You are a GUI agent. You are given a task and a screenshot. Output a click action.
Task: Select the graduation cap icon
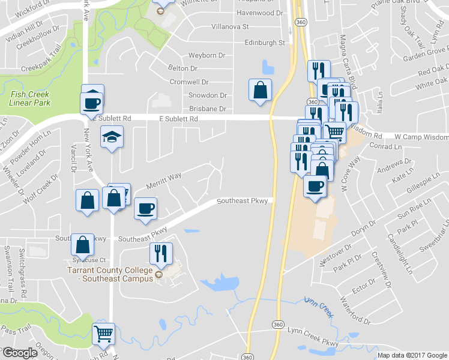(112, 138)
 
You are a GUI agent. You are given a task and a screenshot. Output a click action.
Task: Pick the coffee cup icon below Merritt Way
(145, 209)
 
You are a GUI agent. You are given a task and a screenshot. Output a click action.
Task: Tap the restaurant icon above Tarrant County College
(161, 254)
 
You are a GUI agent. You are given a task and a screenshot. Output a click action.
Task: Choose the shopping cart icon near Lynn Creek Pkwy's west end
(104, 333)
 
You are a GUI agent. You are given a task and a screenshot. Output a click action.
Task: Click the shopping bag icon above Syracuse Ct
(83, 245)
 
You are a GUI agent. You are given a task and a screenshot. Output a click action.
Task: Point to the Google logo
(20, 353)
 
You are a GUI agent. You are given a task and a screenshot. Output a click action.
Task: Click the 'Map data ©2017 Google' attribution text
(412, 355)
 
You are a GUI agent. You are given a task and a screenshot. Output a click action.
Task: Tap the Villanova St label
(230, 27)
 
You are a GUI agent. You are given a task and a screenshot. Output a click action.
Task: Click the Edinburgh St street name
(265, 43)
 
